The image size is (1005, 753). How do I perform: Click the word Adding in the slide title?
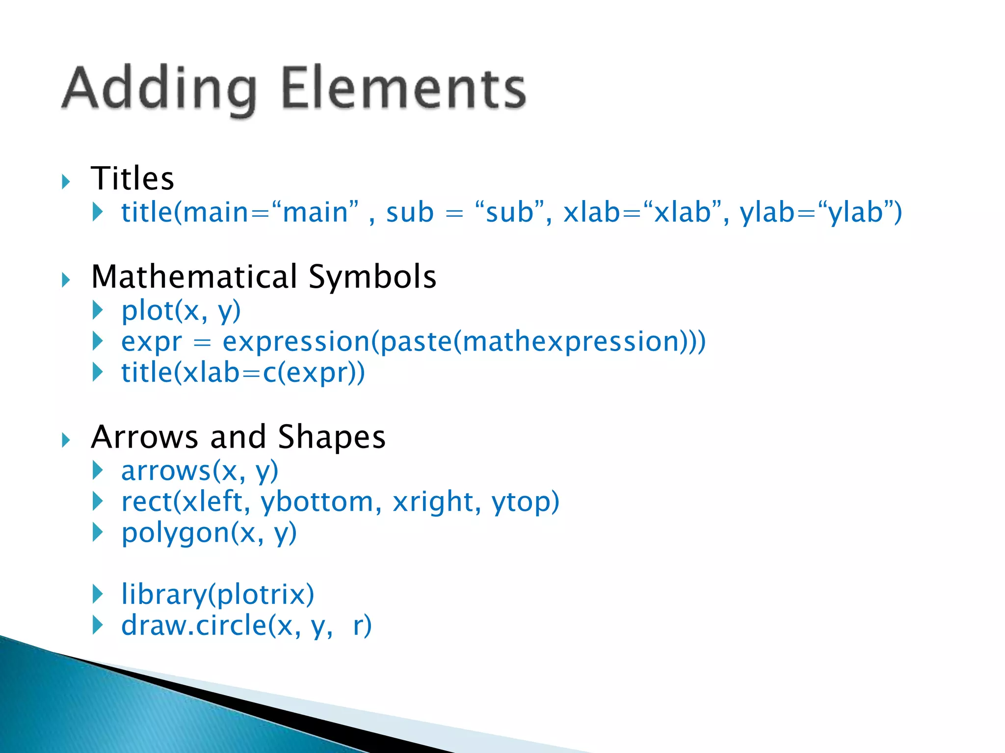159,89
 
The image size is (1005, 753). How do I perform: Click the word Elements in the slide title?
403,89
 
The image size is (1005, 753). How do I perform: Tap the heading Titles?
132,178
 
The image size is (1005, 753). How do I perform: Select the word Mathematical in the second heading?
194,277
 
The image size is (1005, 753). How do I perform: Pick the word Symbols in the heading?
372,277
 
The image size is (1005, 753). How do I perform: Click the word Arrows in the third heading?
144,437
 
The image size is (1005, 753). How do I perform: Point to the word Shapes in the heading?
332,437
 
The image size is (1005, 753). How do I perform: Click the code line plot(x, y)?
181,311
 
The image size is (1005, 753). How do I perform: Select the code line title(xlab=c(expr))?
243,373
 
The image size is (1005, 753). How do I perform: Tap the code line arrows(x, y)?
200,471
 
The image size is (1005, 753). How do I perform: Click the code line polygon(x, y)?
209,533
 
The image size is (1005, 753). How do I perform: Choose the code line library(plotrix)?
217,595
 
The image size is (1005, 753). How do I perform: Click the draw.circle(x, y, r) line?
246,626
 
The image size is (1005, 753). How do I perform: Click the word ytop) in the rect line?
526,502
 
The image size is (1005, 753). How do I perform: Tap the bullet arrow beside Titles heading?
66,182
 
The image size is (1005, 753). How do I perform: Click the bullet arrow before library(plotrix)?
98,594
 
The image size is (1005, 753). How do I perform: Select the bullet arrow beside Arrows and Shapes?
66,440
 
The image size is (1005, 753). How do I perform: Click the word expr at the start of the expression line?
151,342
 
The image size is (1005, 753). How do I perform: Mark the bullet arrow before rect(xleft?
98,501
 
